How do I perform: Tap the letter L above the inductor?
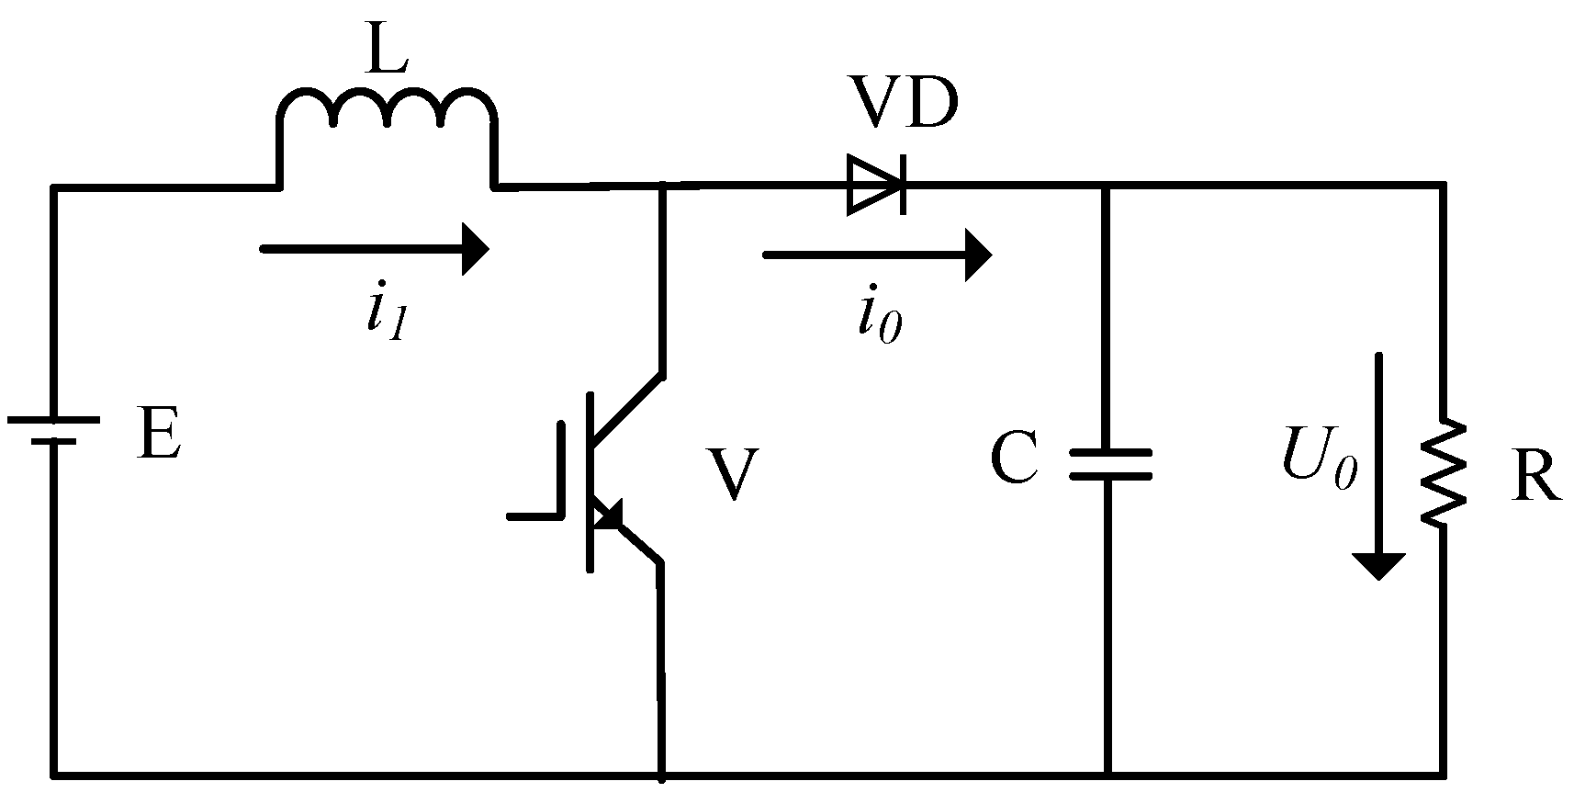click(x=386, y=51)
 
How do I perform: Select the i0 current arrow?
click(x=877, y=255)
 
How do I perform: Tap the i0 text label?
click(x=878, y=322)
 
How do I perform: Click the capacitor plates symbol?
click(x=1109, y=464)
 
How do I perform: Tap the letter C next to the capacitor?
click(x=1015, y=459)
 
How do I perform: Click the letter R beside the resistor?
click(x=1535, y=478)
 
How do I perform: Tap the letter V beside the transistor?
click(x=732, y=475)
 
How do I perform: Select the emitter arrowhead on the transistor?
click(x=608, y=515)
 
